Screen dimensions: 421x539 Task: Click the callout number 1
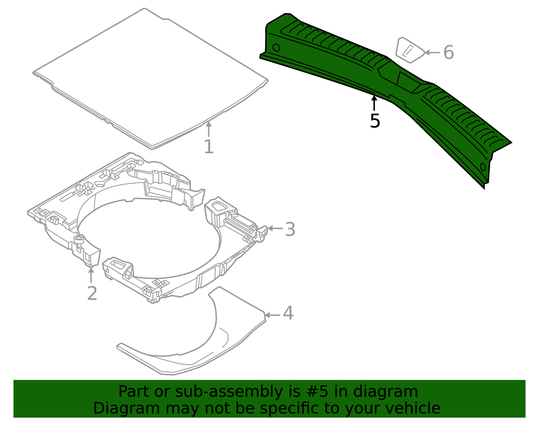click(x=209, y=147)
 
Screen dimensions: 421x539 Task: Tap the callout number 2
click(x=92, y=293)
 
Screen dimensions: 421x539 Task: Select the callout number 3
click(x=290, y=230)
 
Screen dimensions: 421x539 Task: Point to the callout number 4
click(x=288, y=313)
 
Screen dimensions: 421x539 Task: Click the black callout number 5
click(x=375, y=121)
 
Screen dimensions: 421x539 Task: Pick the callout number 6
click(x=448, y=53)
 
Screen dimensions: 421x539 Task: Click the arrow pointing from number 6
click(x=432, y=53)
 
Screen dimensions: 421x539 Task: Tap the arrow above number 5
click(x=374, y=102)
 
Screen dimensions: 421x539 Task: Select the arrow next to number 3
click(x=275, y=229)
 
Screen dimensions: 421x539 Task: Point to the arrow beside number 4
click(x=272, y=315)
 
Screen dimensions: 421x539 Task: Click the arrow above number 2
click(x=91, y=274)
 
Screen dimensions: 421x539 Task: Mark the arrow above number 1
click(x=209, y=129)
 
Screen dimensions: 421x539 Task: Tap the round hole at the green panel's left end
click(x=276, y=48)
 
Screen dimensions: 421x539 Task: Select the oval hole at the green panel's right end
click(x=483, y=167)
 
